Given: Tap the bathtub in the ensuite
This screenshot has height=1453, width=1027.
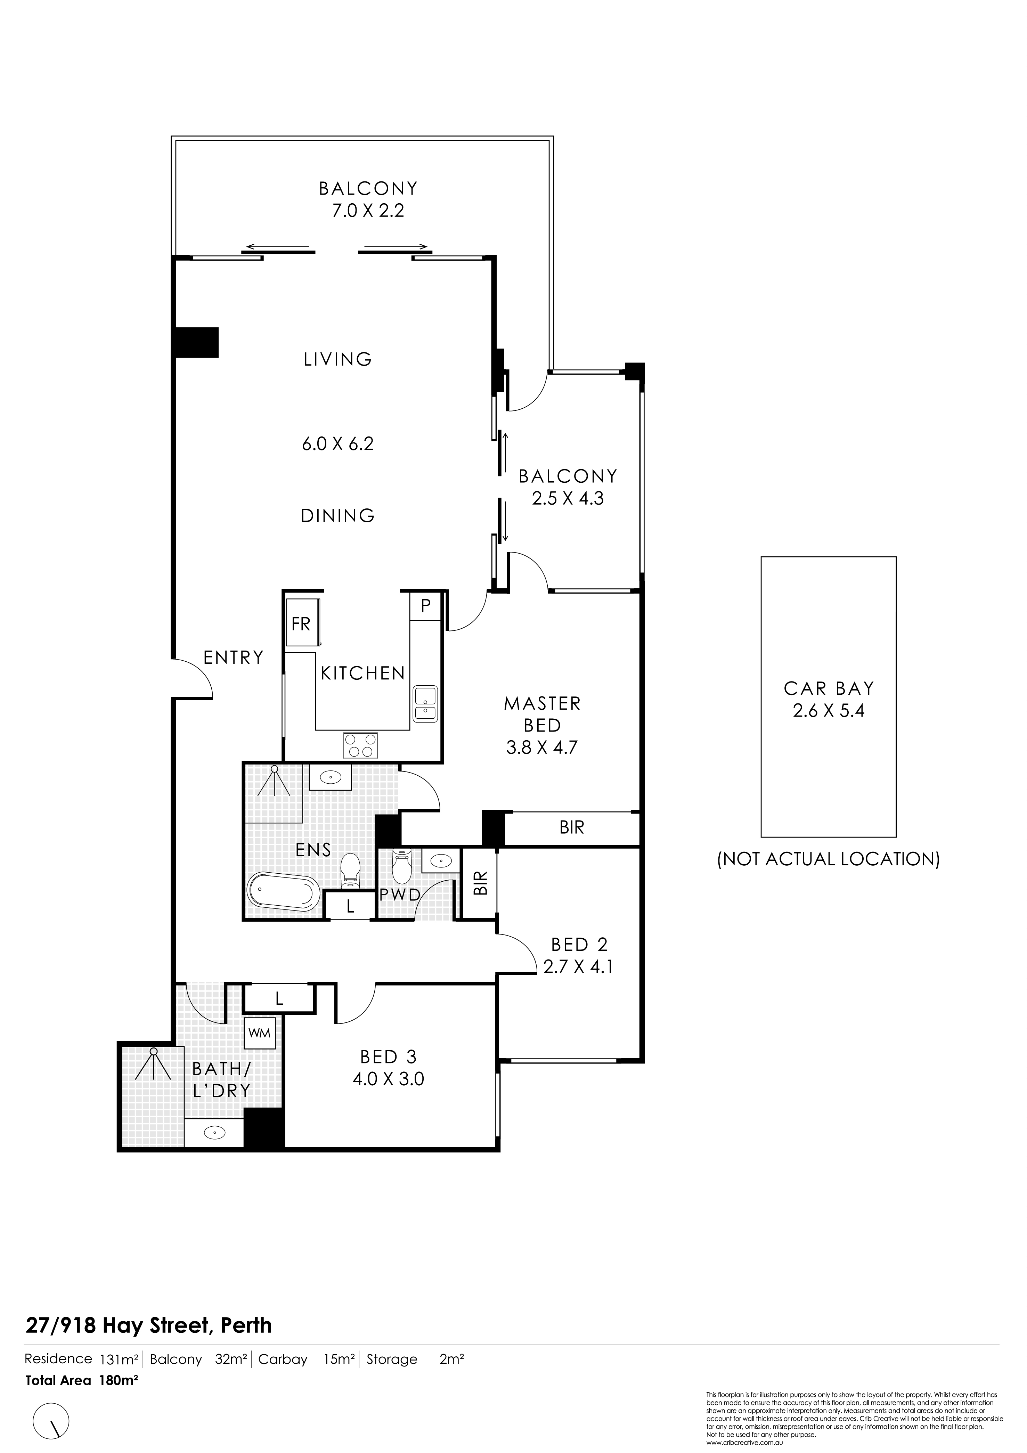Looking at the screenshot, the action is [283, 892].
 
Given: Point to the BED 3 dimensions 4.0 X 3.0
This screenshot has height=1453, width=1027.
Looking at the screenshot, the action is [388, 1078].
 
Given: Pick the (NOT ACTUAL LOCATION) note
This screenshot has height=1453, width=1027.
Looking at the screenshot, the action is [828, 859].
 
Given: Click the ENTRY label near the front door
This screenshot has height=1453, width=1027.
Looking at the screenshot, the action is [233, 658].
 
